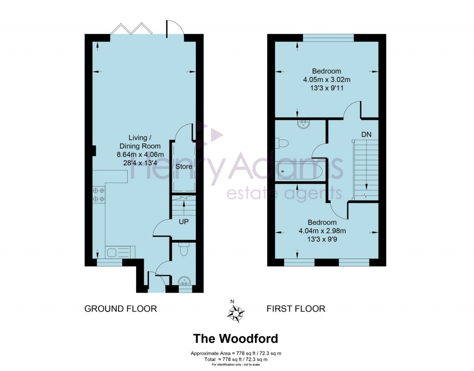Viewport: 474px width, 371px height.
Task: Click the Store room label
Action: [183, 166]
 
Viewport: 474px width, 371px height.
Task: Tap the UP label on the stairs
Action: [184, 222]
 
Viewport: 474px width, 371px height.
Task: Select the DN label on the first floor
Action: [367, 134]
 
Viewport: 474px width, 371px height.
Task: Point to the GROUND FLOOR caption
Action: [120, 308]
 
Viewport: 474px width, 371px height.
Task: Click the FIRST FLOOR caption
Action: [296, 308]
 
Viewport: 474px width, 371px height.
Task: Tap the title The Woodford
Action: [236, 339]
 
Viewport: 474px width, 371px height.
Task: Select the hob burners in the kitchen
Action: [98, 194]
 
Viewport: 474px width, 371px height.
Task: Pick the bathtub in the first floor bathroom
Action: [299, 171]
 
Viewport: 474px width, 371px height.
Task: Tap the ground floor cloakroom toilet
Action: [184, 250]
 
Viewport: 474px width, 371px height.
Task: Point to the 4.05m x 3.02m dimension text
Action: [326, 80]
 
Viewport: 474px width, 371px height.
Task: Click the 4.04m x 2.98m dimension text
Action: [324, 231]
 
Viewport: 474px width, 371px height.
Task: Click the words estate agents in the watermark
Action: [284, 193]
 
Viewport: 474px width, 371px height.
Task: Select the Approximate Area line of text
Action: [237, 353]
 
